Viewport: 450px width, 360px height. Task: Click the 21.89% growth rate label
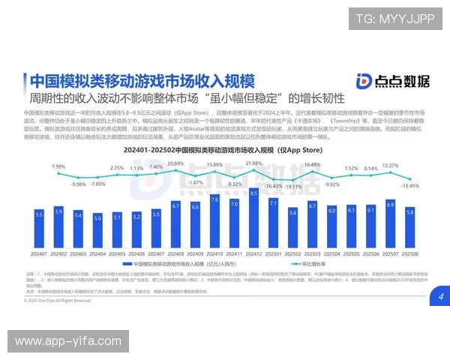point(253,163)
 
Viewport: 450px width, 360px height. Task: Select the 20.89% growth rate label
point(175,163)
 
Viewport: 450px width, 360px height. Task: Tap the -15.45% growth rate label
point(410,185)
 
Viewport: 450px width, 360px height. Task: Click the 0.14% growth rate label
point(371,169)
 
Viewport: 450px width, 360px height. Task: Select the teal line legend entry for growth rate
point(297,265)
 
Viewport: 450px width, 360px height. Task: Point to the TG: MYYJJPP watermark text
point(395,19)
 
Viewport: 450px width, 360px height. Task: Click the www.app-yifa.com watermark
point(68,342)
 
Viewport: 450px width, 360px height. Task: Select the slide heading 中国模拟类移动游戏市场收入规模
point(141,80)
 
